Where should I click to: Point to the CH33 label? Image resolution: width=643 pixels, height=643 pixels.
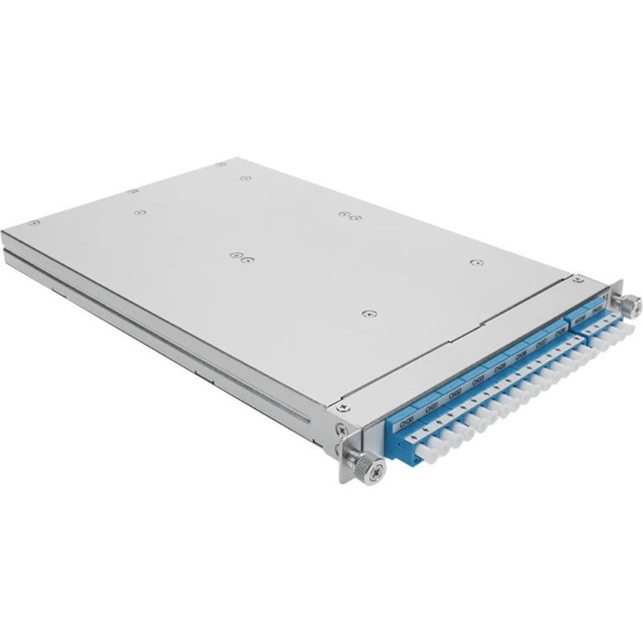[478, 381]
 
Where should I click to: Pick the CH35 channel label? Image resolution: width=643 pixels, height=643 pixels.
[500, 369]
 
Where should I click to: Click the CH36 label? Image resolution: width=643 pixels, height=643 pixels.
[521, 357]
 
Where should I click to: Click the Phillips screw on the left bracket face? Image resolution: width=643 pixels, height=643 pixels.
[340, 431]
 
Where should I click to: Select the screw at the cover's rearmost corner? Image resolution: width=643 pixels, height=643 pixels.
[221, 166]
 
